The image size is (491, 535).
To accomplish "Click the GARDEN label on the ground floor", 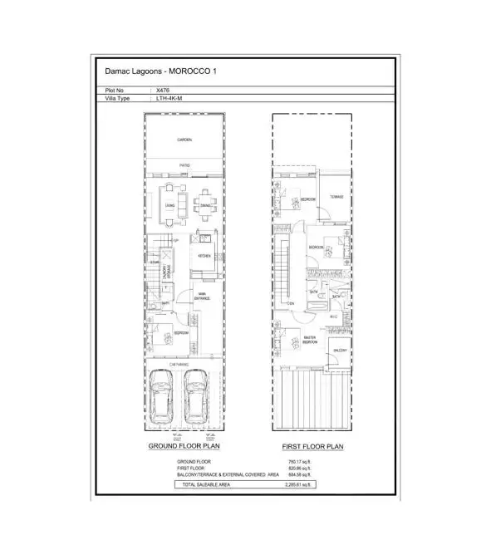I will coord(184,140).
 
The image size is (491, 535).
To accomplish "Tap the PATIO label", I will coord(184,165).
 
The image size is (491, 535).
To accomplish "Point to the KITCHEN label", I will coord(204,256).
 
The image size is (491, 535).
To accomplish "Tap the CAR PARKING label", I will coord(179,364).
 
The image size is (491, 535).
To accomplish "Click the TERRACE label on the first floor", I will coord(336,197).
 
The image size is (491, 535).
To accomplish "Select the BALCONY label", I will coord(339,351).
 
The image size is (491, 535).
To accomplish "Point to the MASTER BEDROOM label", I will coord(309,339).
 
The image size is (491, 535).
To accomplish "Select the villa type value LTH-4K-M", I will coord(168,99).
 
